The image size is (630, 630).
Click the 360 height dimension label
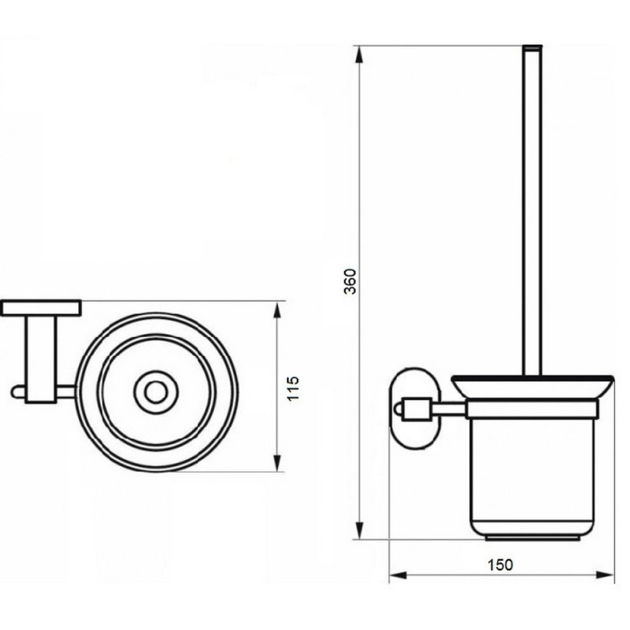[352, 281]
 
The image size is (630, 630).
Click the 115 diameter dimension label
[294, 389]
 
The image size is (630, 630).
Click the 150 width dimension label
[500, 564]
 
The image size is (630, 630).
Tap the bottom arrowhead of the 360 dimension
[359, 531]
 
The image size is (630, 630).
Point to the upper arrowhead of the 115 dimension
[276, 309]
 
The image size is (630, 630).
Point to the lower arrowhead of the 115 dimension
[276, 464]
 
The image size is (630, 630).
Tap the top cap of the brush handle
[532, 48]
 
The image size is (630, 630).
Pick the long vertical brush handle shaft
[532, 213]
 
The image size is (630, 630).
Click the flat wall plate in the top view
[41, 308]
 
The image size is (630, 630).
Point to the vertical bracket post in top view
[41, 358]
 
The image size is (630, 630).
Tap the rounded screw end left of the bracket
[17, 391]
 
